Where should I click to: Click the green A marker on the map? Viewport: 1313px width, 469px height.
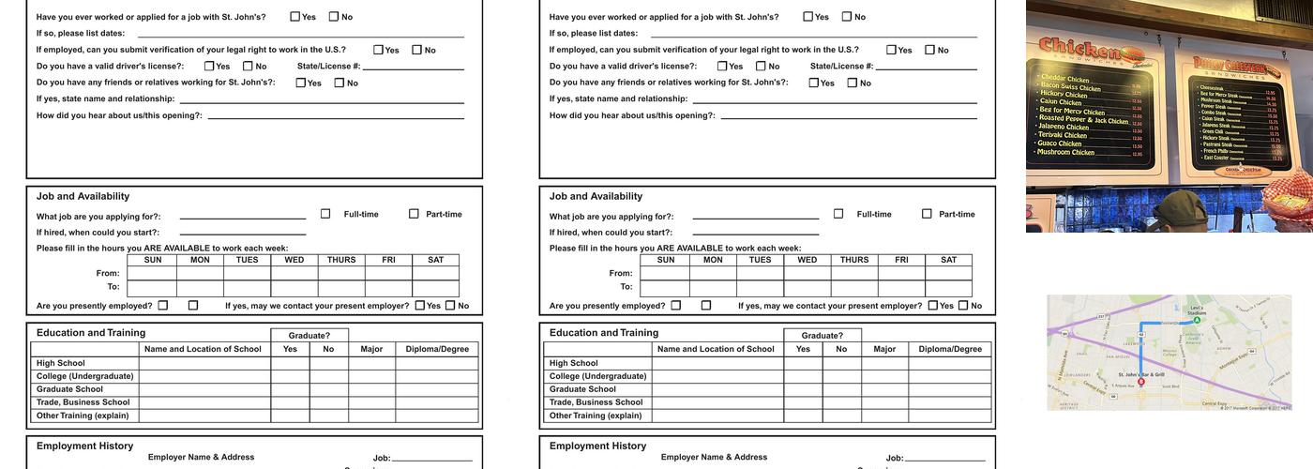[1197, 320]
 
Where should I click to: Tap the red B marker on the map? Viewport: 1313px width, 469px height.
[1140, 382]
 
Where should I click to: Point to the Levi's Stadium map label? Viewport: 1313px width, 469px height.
[1197, 310]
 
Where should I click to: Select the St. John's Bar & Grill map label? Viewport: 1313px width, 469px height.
[1141, 374]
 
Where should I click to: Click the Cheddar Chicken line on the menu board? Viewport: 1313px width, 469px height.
[1064, 80]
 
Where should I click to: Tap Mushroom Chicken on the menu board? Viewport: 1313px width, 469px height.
[1066, 152]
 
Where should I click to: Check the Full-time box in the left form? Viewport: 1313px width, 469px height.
[325, 214]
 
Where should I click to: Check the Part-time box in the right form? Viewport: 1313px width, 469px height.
[927, 214]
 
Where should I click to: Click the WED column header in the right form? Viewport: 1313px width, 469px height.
[807, 260]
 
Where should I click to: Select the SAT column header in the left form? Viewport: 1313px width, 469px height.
[436, 260]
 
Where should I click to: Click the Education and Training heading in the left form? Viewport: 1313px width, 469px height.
[91, 333]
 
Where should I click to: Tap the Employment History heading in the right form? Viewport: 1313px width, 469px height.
[597, 446]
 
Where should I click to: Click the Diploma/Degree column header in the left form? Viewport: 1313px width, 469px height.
[437, 349]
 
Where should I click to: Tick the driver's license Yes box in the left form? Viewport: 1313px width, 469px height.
[209, 66]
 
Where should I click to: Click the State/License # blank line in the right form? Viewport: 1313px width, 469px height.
[926, 68]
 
